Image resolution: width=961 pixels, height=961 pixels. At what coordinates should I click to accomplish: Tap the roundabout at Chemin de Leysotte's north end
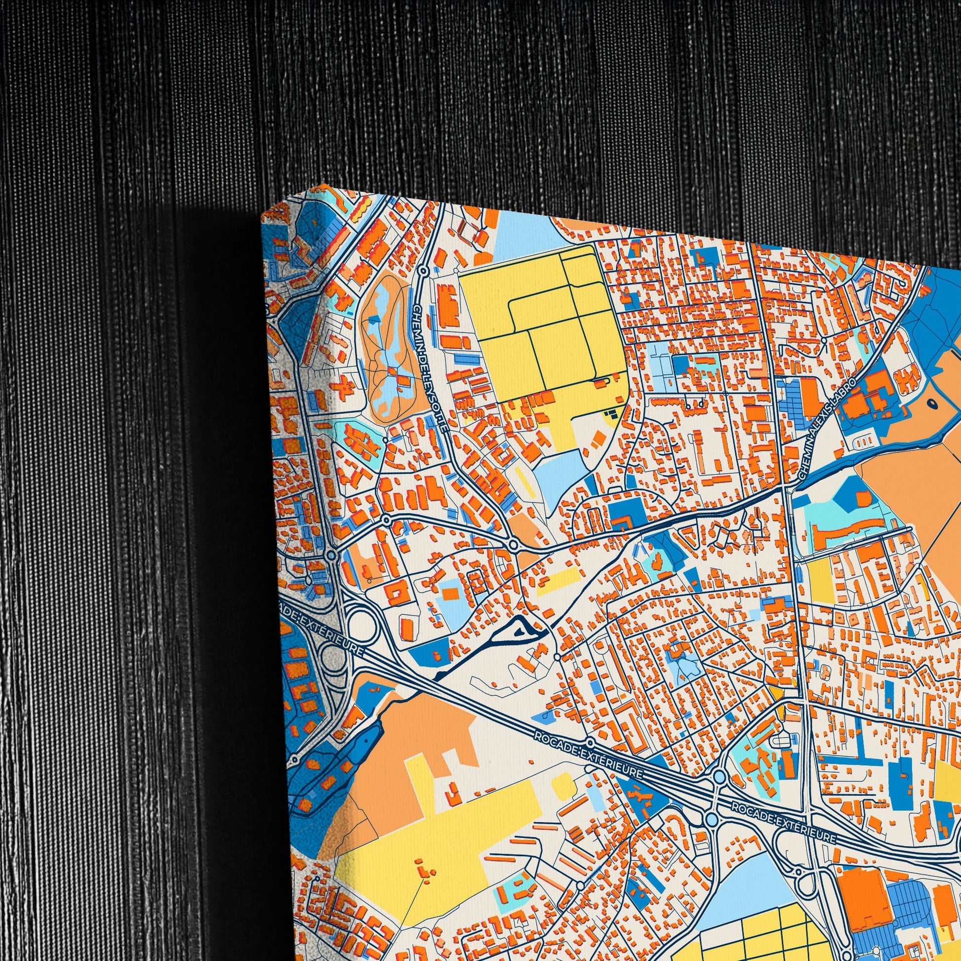point(423,271)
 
